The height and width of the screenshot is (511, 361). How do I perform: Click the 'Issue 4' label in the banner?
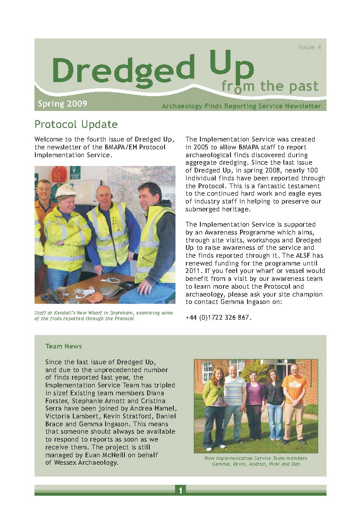click(309, 47)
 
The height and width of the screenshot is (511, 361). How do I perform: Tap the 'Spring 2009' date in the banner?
click(62, 104)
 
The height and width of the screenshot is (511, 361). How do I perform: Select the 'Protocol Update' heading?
click(76, 124)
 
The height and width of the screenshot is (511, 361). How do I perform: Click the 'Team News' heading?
click(64, 346)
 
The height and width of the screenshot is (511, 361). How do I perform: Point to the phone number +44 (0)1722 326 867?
click(218, 318)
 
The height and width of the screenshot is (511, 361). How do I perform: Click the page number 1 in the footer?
click(180, 490)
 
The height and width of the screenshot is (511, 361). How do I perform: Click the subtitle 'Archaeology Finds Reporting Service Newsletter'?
click(241, 106)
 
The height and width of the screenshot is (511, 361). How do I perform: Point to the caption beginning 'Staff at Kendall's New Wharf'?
click(103, 315)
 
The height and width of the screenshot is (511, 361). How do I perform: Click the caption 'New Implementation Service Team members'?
click(255, 458)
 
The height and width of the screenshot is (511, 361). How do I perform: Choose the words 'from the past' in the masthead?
click(270, 86)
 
